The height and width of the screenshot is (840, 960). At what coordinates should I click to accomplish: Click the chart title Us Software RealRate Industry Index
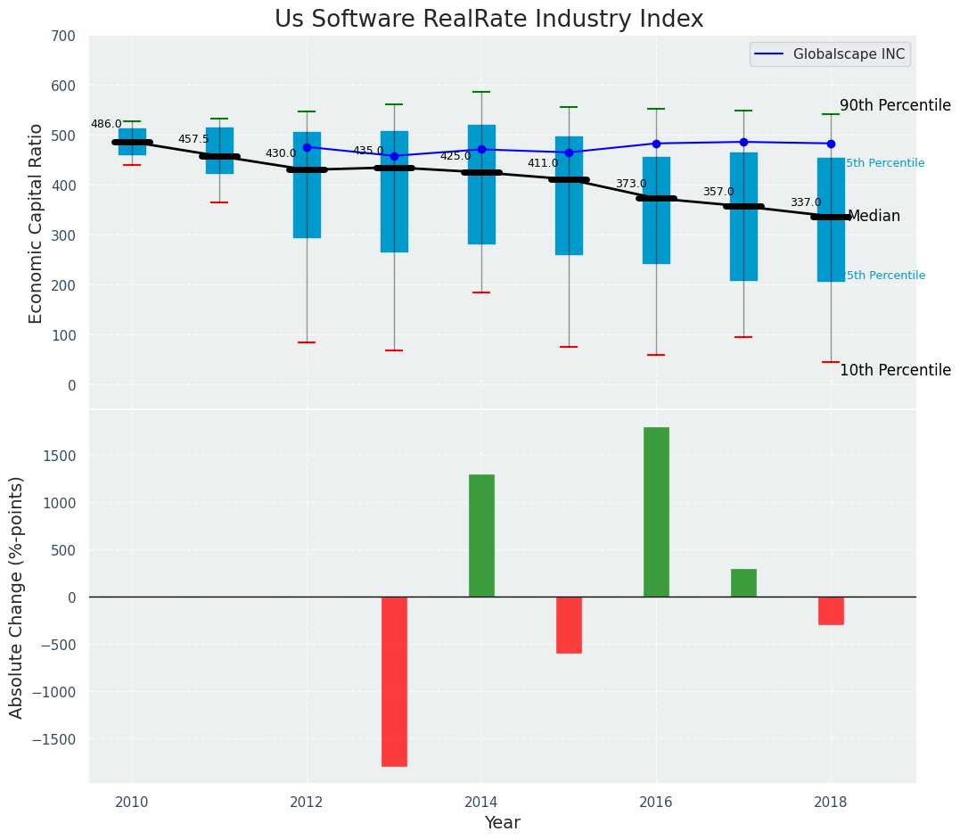[488, 20]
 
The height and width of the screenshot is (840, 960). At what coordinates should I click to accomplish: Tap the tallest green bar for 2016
[656, 512]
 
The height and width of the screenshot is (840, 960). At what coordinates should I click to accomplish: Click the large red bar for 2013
[394, 681]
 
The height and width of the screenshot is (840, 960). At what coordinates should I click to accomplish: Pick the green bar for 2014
[481, 535]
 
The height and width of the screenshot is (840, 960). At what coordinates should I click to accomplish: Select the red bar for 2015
[569, 625]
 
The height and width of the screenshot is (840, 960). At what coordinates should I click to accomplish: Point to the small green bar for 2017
[743, 583]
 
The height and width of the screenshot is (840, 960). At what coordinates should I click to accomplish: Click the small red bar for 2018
[831, 611]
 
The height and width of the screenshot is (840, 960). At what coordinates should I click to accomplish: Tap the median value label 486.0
[106, 125]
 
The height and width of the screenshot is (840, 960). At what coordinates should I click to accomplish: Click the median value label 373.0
[631, 185]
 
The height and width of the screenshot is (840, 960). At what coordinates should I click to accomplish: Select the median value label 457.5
[193, 140]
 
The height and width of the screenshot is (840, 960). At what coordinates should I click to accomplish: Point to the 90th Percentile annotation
[895, 105]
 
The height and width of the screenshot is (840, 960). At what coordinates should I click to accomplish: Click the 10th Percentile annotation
[895, 370]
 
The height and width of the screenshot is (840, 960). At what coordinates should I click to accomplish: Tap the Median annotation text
[874, 217]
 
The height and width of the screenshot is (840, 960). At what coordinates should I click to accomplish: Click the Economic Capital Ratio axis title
[37, 223]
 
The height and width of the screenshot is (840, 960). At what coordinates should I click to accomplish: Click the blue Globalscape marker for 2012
[307, 147]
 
